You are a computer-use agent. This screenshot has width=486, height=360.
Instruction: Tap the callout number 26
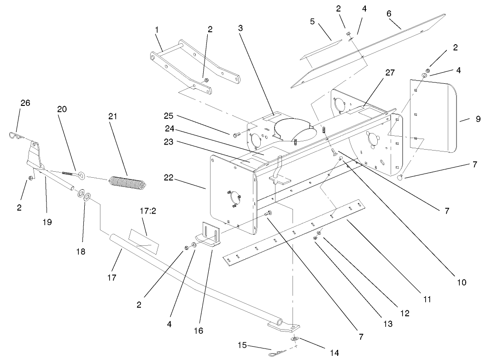click(x=25, y=103)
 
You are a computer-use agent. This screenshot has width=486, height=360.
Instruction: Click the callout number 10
click(x=461, y=282)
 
